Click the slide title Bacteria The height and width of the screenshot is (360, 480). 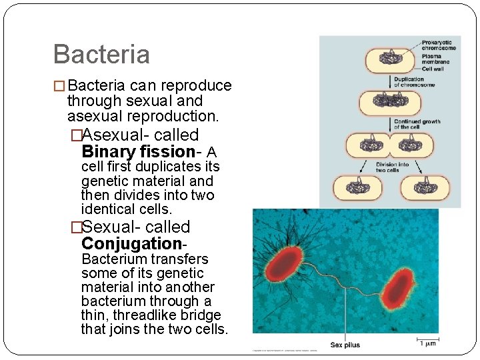click(101, 54)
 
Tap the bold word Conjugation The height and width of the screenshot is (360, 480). click(131, 244)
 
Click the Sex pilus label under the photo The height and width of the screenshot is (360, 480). click(345, 345)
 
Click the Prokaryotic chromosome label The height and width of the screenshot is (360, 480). click(439, 46)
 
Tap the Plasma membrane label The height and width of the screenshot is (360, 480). click(435, 59)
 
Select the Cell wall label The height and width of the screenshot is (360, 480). click(433, 69)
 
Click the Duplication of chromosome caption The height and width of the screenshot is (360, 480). click(414, 83)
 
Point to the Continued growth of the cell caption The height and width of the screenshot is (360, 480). click(417, 124)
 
